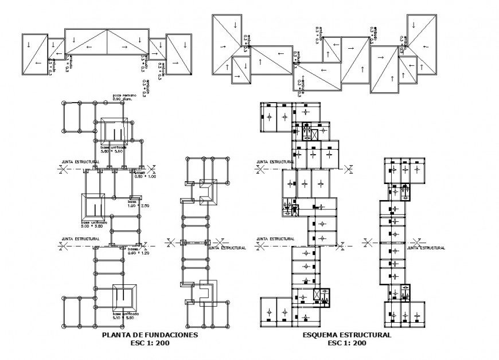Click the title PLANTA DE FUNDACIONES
coord(150,335)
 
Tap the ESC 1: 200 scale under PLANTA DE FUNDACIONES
coord(150,343)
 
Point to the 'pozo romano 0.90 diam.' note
coord(124,97)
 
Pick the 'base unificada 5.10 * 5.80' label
coord(126,316)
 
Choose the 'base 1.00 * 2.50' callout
coord(138,204)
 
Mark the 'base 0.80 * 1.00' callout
coord(145,175)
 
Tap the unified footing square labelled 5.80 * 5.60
coord(115,131)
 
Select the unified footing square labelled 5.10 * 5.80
coord(124,297)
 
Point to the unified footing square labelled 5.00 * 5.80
coord(93,206)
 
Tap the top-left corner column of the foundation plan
coord(64,103)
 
